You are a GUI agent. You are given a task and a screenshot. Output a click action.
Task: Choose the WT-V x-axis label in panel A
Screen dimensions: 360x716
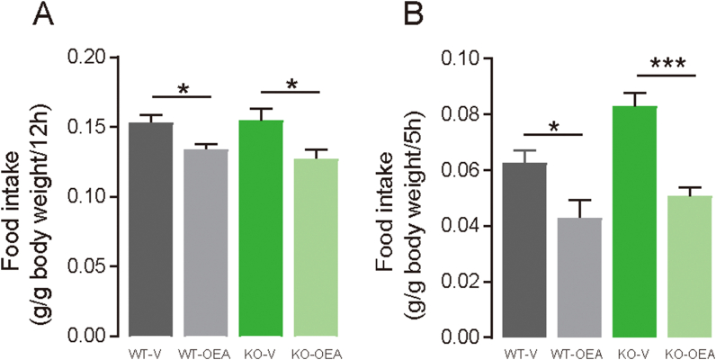tap(150, 350)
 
